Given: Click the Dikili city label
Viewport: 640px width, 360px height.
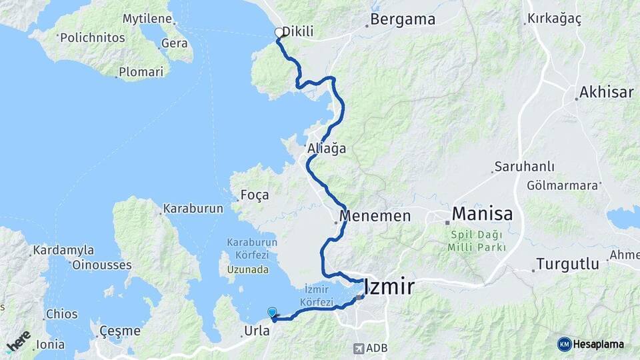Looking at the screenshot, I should [297, 31].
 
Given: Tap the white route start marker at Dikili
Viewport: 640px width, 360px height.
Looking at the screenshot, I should [279, 32].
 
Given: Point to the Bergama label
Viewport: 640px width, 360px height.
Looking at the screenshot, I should [403, 19].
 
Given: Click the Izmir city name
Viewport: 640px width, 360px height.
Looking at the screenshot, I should [389, 287].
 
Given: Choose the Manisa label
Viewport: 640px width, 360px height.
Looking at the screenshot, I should [482, 214].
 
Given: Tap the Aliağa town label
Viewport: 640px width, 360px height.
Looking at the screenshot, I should [327, 149].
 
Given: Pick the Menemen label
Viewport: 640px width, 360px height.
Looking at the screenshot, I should [375, 216].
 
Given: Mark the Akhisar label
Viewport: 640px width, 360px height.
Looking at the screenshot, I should [606, 92].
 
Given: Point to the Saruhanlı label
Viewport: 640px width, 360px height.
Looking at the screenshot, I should [521, 166].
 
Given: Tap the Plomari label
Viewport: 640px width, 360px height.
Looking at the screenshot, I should [141, 71].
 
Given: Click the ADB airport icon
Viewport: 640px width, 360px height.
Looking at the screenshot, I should [360, 348].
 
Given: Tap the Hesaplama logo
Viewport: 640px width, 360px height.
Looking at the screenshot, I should [591, 344].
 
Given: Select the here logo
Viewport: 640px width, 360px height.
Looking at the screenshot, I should [19, 340].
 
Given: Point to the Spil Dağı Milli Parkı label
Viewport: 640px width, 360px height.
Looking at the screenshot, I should [476, 241].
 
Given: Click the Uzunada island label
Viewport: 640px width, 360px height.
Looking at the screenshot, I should [247, 269].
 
